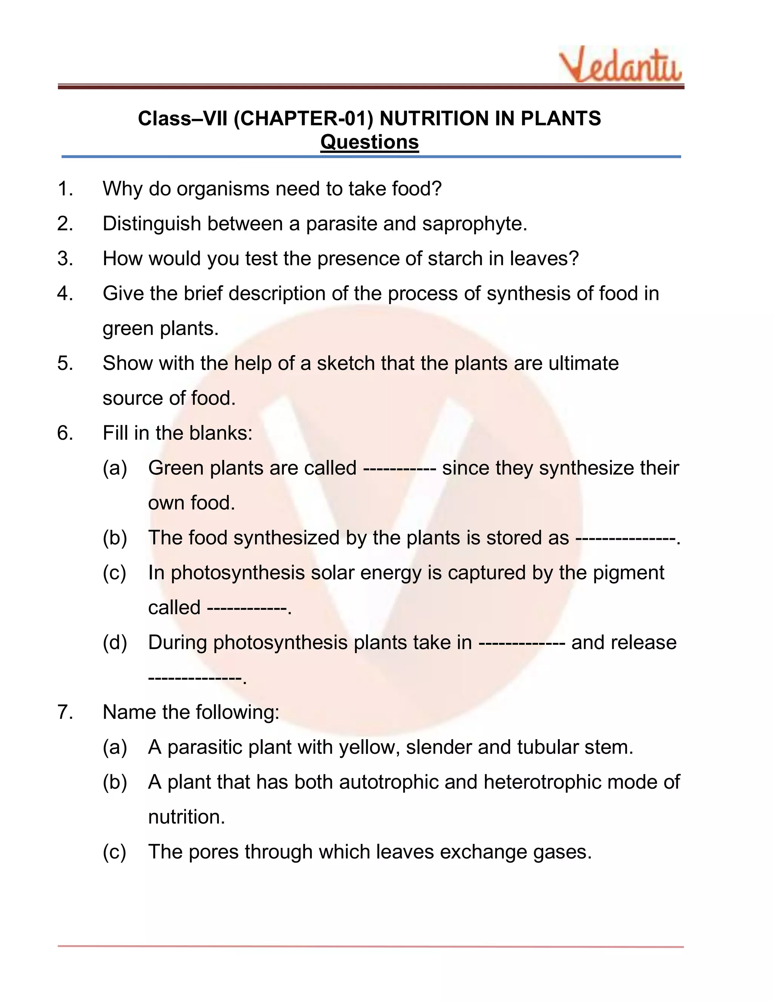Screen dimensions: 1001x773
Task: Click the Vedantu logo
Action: coord(621,65)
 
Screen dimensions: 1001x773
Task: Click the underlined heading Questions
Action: coord(369,142)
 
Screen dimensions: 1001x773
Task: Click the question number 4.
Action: coord(65,294)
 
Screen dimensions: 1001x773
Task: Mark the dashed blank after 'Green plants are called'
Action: coord(399,468)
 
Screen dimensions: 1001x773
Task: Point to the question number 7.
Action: coord(65,712)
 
